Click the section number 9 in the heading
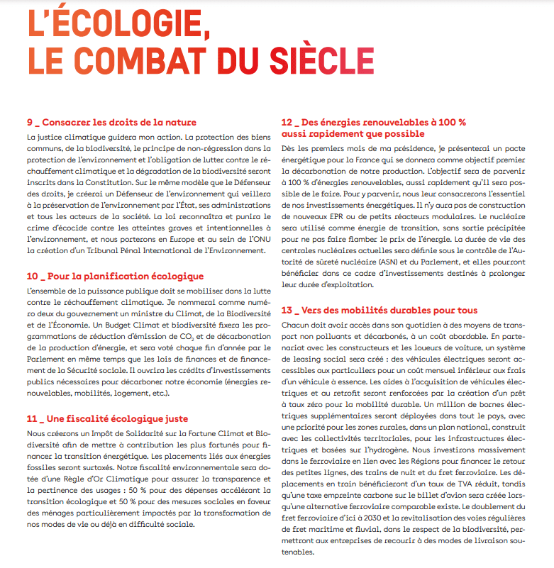tap(30, 122)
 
